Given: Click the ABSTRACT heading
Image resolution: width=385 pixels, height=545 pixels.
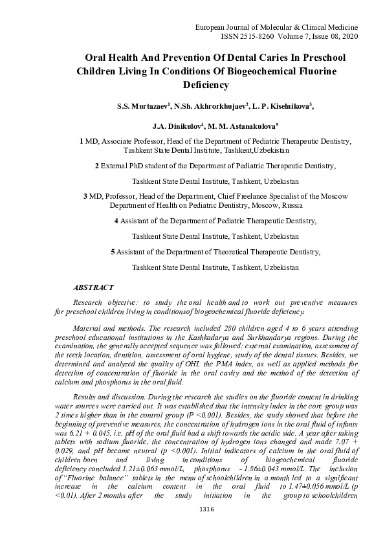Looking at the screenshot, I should coord(94,287).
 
